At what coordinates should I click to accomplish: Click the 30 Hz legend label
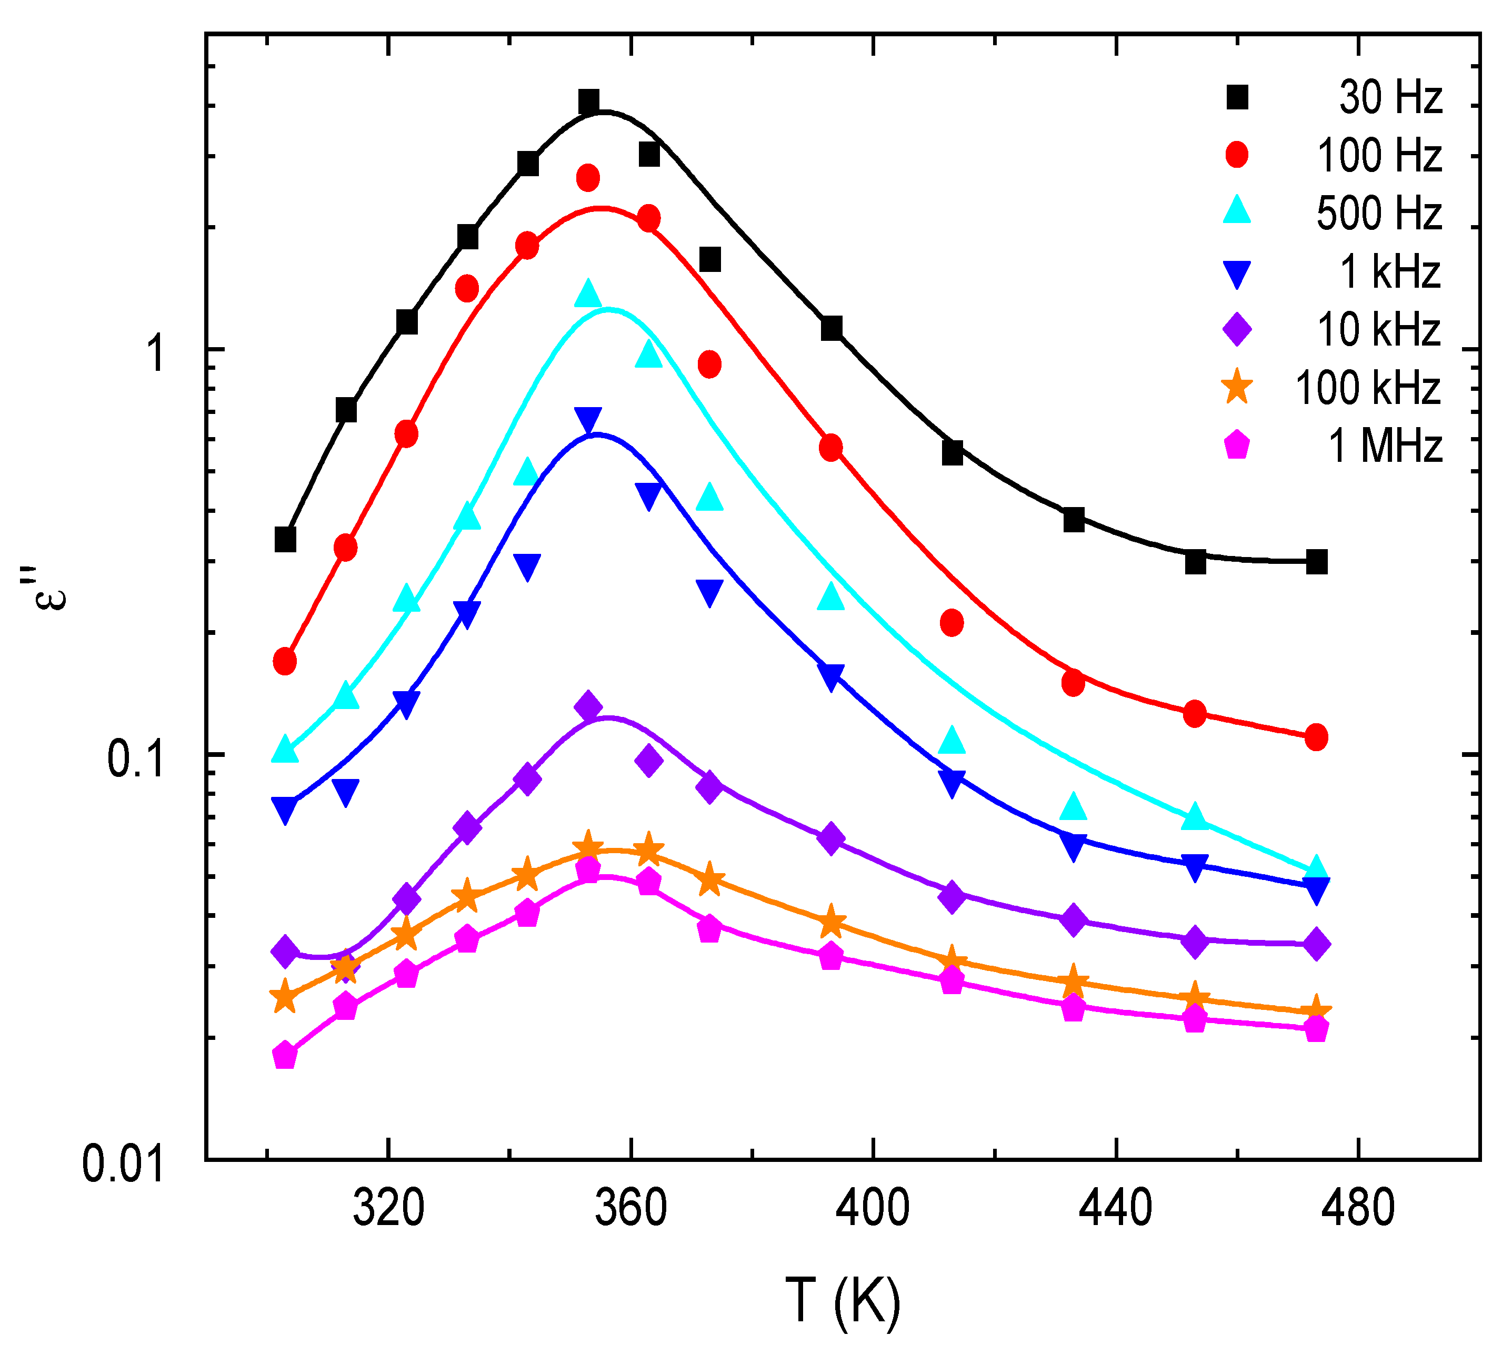1390,98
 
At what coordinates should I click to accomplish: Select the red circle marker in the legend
1237,155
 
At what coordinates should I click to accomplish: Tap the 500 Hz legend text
1379,213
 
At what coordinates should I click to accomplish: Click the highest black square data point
588,102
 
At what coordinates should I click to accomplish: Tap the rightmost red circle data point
1316,737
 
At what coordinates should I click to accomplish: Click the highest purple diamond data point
588,706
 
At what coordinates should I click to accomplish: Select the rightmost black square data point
1316,562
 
